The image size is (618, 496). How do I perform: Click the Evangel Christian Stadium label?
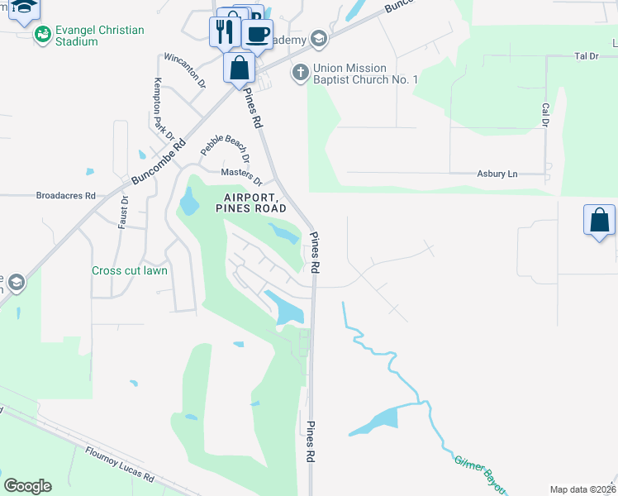tap(99, 36)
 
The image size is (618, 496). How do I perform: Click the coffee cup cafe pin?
tap(257, 34)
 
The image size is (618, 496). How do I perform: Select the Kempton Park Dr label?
tap(164, 108)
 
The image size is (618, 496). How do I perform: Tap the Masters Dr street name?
tap(241, 176)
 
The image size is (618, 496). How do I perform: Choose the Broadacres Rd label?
tap(66, 196)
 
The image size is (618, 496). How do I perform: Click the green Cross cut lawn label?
tap(130, 270)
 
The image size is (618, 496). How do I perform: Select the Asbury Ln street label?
tap(497, 174)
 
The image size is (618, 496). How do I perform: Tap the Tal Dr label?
tap(585, 56)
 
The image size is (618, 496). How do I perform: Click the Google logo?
tap(27, 486)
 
